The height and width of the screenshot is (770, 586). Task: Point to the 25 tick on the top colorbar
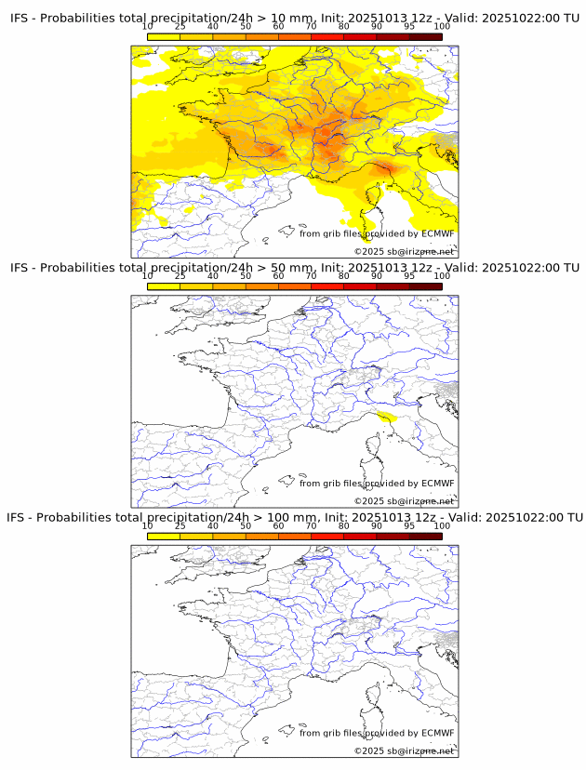180,27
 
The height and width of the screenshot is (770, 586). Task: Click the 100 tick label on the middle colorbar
442,276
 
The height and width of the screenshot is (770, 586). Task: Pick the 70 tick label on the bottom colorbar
311,525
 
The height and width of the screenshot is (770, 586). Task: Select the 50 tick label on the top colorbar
246,27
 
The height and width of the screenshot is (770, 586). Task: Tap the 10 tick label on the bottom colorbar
148,525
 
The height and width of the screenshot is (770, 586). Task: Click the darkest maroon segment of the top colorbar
425,36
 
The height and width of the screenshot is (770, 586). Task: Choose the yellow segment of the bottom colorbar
164,536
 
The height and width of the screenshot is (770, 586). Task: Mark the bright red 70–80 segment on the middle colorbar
327,286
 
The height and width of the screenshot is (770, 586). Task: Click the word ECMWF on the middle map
437,483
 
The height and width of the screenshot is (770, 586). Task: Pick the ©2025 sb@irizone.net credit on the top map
404,252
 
